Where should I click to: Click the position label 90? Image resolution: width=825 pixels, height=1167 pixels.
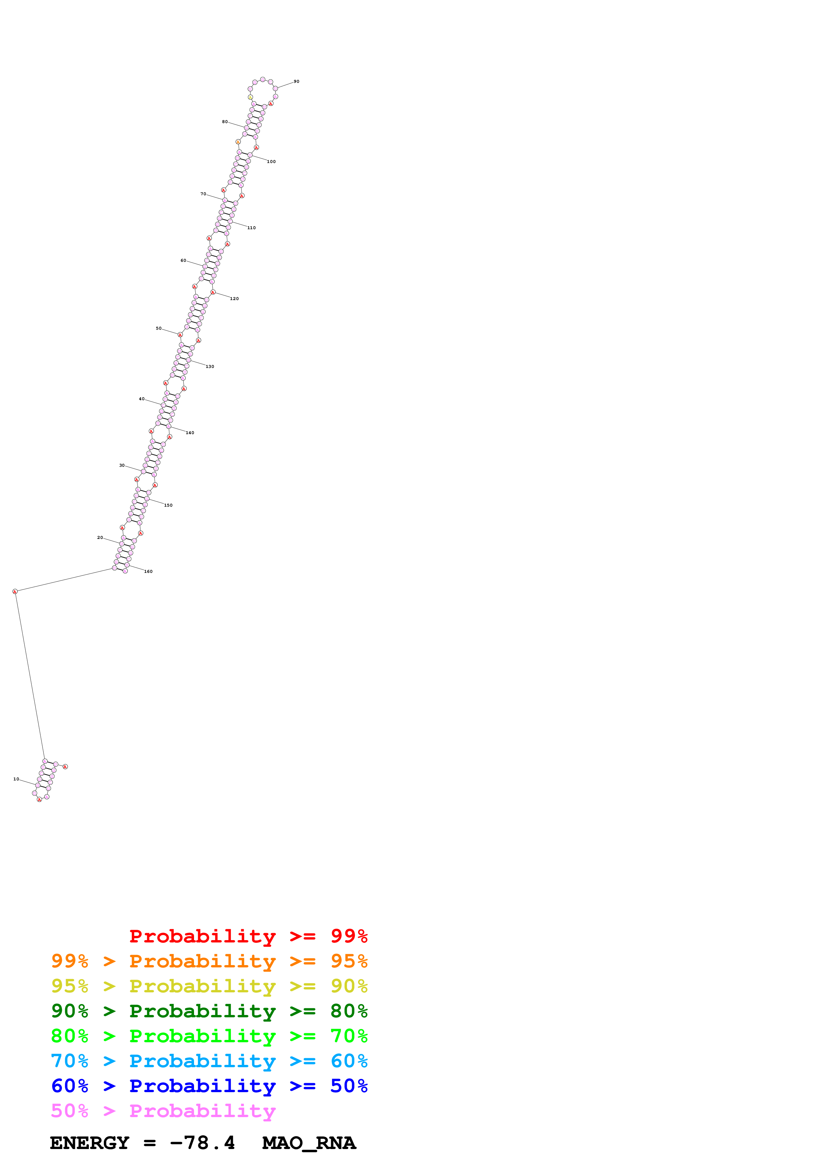point(296,81)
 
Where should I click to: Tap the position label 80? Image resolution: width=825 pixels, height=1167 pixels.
point(225,122)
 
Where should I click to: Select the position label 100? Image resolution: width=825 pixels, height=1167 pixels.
point(272,162)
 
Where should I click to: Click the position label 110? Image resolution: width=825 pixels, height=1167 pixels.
point(252,228)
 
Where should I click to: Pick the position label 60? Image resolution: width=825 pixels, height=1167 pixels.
point(183,261)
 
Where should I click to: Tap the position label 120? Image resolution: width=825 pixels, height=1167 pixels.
point(234,299)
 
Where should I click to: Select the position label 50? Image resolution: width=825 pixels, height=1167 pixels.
point(159,328)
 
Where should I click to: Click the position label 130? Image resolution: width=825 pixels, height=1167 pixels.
point(210,367)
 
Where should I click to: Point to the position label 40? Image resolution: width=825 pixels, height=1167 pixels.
point(142,399)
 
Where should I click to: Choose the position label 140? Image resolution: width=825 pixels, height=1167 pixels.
point(190,433)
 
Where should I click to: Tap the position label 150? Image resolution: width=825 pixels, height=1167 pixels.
point(168,505)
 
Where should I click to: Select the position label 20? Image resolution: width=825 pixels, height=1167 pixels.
point(100,538)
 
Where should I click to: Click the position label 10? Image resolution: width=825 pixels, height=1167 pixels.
point(16,779)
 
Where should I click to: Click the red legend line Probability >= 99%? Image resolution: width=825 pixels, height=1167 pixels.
point(248,936)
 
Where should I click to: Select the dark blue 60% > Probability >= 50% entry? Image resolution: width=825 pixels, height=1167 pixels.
point(209,1086)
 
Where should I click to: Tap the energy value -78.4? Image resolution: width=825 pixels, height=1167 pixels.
point(202,1143)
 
